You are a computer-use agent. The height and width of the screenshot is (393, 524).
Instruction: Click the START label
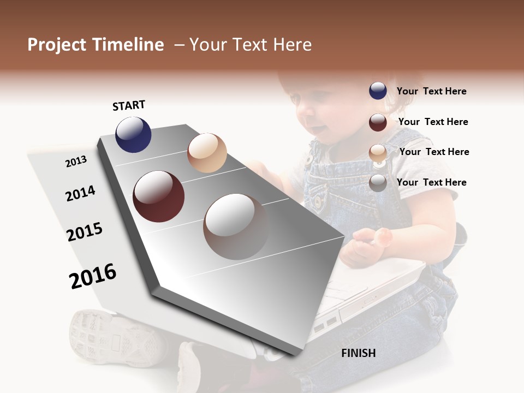(x=129, y=105)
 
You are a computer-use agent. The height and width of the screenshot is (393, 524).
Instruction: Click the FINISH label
(x=358, y=353)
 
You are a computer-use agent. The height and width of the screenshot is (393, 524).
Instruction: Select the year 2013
(x=76, y=161)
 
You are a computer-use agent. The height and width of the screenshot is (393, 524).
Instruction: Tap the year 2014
(x=80, y=193)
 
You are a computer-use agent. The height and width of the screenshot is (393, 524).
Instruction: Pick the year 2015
(x=85, y=232)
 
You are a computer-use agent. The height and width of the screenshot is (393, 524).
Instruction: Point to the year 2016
(x=93, y=276)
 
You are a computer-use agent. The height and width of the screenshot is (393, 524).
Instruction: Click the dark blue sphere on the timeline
(x=133, y=134)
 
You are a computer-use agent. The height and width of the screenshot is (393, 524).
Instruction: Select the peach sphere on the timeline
(x=207, y=153)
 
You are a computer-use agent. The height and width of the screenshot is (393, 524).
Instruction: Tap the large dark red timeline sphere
(x=158, y=196)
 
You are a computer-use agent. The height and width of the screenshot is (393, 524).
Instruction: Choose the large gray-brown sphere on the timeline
(x=236, y=227)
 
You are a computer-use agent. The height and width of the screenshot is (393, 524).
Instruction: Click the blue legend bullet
(x=378, y=91)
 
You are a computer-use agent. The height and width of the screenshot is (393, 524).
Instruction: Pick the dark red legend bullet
(x=378, y=122)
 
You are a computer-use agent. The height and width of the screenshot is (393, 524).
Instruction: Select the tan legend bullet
(x=378, y=153)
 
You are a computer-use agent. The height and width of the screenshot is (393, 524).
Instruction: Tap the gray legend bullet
(x=378, y=183)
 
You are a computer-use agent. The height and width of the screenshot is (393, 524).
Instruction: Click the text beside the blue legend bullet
(x=431, y=91)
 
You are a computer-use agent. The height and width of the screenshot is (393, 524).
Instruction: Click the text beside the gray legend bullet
(x=431, y=182)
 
